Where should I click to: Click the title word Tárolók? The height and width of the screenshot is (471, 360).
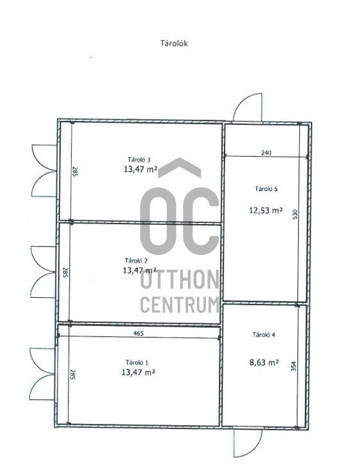point(174,43)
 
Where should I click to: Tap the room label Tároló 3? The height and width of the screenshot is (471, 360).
point(139,159)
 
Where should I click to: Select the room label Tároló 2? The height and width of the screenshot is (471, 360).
point(136,260)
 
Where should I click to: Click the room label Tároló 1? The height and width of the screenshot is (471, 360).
point(137,362)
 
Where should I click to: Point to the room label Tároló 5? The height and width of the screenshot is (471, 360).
point(266,189)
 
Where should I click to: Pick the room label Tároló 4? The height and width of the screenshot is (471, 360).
point(264,335)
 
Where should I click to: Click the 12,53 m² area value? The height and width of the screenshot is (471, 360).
point(266,210)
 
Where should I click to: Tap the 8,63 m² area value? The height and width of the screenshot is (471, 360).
point(264,362)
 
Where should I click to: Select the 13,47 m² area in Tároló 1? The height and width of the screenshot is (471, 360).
point(138,373)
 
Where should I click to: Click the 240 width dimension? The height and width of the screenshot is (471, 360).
point(266,153)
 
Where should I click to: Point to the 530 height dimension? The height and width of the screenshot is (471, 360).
point(295,214)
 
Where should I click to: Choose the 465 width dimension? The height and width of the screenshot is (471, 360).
point(139,333)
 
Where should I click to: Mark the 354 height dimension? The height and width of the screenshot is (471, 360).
point(294,366)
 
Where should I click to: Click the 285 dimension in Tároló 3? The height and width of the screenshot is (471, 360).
point(75,171)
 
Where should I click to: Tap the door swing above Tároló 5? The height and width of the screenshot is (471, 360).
point(247,107)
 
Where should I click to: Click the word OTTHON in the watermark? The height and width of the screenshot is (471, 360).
point(180,279)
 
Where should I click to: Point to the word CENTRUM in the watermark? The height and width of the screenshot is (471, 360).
point(180,305)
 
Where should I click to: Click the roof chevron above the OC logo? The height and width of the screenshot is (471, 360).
point(180,167)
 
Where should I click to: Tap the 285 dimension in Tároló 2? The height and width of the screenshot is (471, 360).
point(65,272)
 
